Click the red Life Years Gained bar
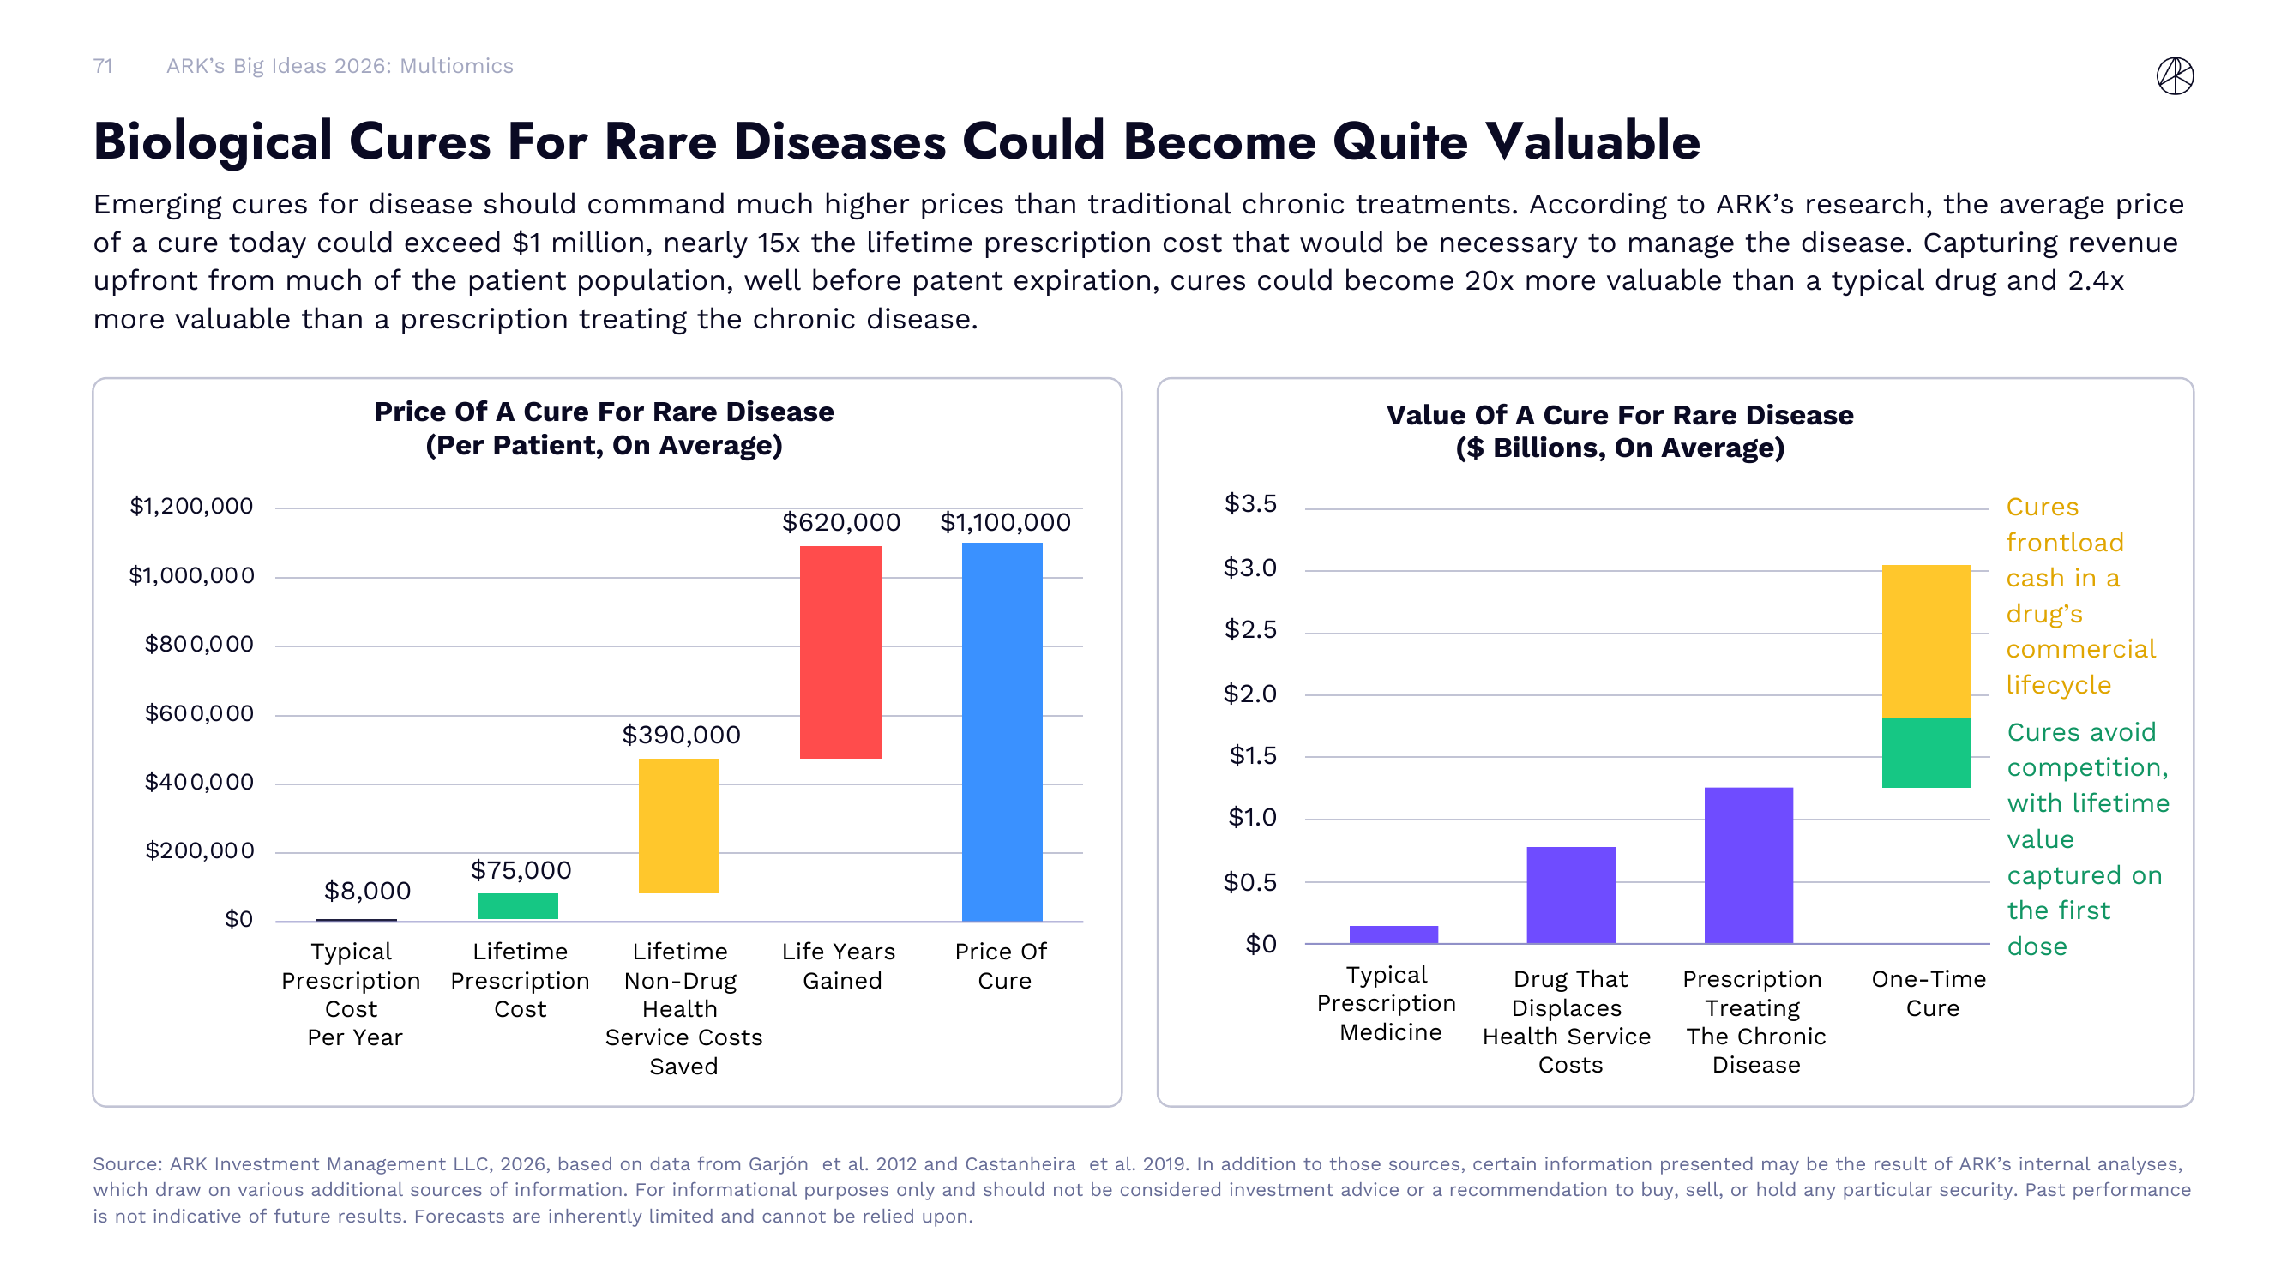click(x=840, y=652)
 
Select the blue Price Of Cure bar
click(x=1002, y=731)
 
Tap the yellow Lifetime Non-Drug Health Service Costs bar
click(x=678, y=826)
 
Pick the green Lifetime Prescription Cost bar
click(x=518, y=905)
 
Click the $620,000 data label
click(x=840, y=522)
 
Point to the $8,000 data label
click(x=367, y=890)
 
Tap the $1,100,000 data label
click(x=1005, y=522)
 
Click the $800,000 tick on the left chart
click(x=199, y=644)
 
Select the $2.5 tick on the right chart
click(x=1249, y=629)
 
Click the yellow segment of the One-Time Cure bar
click(x=1926, y=640)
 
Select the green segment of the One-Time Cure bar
click(x=1926, y=752)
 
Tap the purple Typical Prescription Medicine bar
click(x=1393, y=934)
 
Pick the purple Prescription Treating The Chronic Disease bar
click(x=1748, y=864)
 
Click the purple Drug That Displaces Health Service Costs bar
click(x=1570, y=894)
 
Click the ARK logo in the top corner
click(x=2175, y=75)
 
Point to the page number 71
click(x=103, y=67)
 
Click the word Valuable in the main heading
click(x=1592, y=141)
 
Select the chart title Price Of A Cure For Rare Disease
click(x=604, y=412)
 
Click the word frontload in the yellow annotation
click(x=2064, y=543)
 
